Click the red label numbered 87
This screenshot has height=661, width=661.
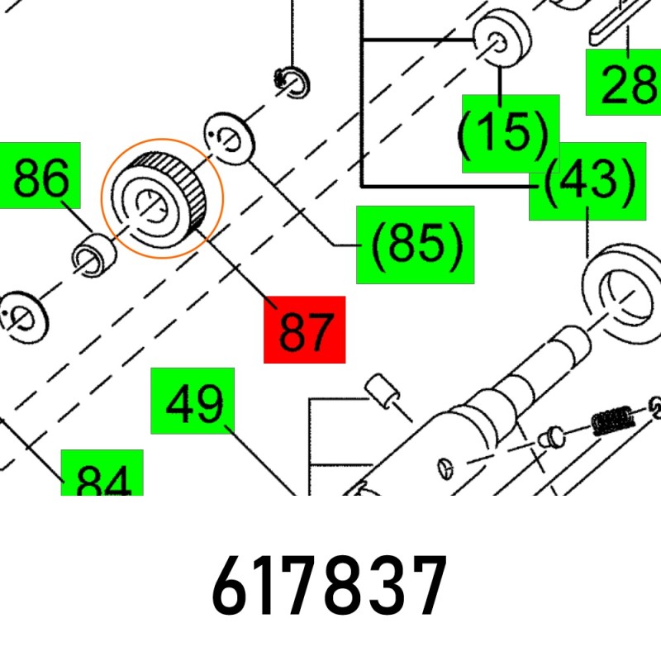(304, 329)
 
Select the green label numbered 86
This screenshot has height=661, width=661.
(40, 175)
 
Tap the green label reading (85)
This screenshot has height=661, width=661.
(416, 245)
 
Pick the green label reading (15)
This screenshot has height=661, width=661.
(511, 134)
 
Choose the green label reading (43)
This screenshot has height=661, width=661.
(587, 181)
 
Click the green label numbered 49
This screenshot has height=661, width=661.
(193, 401)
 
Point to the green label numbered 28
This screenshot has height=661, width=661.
(624, 82)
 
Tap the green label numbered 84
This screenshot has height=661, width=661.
(102, 473)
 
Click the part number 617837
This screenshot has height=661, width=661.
(329, 586)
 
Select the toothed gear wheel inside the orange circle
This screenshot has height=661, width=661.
(159, 199)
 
